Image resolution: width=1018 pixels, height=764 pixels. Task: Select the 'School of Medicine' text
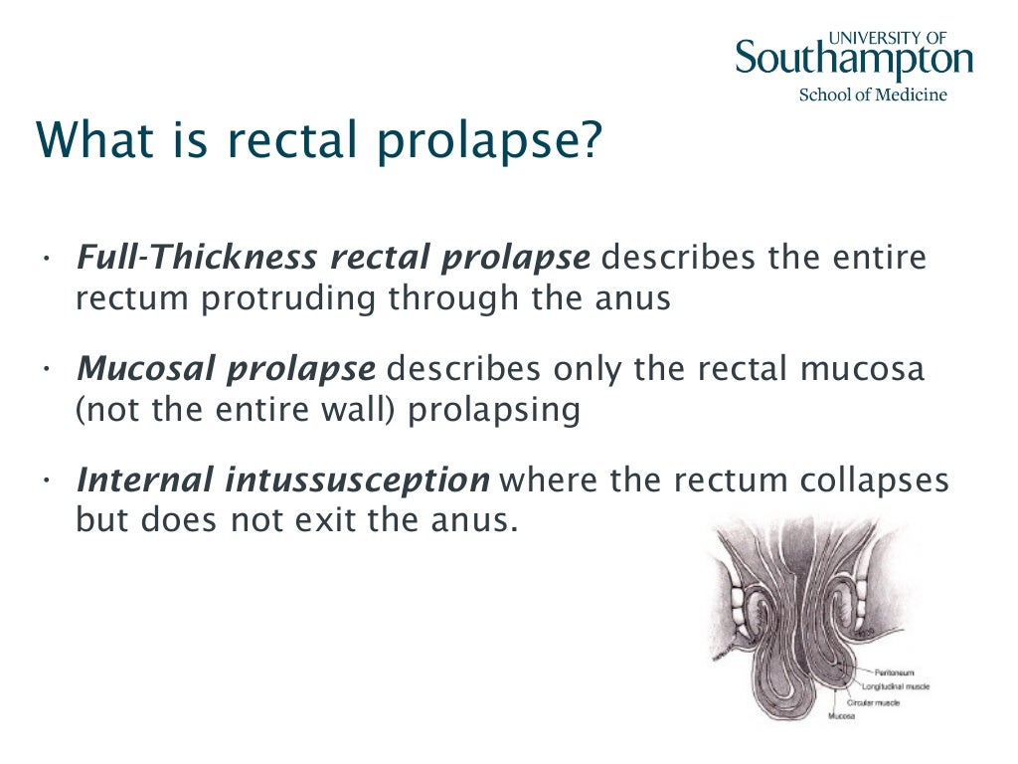tap(873, 95)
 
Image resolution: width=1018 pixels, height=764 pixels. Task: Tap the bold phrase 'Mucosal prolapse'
tap(227, 369)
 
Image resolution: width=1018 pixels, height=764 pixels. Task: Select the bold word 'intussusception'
tap(356, 480)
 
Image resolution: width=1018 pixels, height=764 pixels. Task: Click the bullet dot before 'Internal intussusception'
tap(47, 480)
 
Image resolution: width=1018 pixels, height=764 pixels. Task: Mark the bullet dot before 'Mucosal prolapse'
tap(47, 369)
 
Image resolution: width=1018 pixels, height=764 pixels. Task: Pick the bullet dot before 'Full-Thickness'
tap(47, 258)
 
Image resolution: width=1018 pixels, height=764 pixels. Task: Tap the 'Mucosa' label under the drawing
tap(842, 714)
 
